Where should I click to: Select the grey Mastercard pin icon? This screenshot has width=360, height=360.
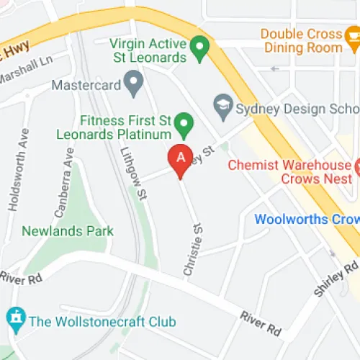tap(132, 83)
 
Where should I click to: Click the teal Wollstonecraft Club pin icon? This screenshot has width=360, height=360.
tap(14, 317)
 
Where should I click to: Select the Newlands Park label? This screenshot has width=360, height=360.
tap(68, 231)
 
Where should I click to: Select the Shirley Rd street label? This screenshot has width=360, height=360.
tap(336, 279)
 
